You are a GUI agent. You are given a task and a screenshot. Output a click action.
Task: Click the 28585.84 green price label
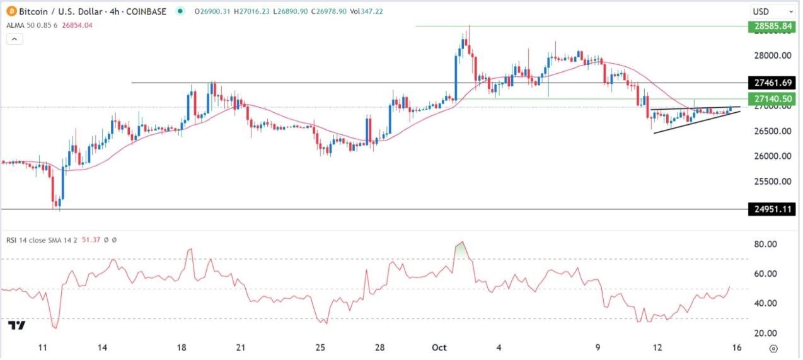771,26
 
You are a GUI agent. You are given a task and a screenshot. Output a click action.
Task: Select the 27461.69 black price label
771,83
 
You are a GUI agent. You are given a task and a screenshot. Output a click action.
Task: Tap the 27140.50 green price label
771,99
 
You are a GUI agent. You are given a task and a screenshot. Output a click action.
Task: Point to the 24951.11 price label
771,209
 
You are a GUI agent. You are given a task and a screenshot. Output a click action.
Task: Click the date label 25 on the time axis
320,348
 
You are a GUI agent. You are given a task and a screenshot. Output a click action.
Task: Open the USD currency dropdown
772,11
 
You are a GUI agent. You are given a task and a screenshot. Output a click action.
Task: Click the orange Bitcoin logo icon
12,11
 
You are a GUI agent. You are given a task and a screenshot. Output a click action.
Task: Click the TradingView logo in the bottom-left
17,325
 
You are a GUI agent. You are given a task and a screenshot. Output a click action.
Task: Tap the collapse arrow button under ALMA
14,39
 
